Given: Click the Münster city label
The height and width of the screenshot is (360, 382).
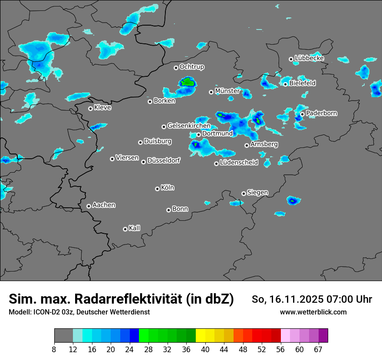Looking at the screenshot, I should point(227,91).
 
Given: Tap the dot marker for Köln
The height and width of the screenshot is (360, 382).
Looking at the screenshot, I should point(157,189).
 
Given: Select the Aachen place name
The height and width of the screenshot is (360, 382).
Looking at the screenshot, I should point(104,205).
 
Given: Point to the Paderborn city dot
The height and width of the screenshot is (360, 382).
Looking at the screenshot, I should point(303,114).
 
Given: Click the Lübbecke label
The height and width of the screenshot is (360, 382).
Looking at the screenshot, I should point(309,58).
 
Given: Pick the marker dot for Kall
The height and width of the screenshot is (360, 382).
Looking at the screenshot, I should point(125,229).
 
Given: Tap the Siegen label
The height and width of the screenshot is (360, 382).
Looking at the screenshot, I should point(257,192).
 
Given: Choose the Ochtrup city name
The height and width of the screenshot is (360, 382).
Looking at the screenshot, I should point(191,67).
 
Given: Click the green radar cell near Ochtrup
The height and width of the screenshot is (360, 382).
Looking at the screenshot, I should point(188,81).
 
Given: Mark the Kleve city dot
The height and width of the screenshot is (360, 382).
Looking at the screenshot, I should point(90,108).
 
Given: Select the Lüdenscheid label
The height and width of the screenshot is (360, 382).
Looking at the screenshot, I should point(239,162).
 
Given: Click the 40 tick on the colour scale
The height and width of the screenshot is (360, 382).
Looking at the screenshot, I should point(205,350).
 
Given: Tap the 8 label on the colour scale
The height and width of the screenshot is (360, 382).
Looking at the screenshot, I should point(54,350).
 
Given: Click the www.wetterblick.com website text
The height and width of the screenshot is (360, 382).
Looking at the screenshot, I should point(313,312).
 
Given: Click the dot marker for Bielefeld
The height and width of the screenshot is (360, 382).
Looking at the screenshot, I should point(286,84).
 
